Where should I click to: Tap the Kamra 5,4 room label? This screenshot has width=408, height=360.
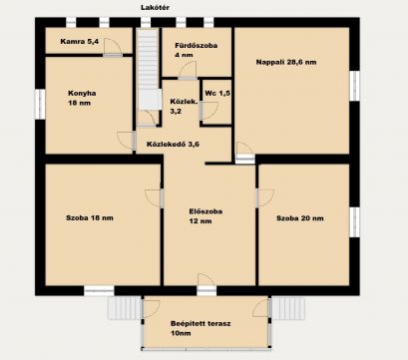coord(80,42)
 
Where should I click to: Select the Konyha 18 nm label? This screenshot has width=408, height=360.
coord(82,98)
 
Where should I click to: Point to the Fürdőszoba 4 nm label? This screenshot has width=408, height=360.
coord(196,50)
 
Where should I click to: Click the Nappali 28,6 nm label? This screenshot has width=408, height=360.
coord(286,62)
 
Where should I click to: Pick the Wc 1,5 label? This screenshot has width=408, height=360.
coord(217,94)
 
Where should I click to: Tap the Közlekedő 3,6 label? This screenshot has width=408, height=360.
coord(173,145)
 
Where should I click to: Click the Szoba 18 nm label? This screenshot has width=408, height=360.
coord(90,218)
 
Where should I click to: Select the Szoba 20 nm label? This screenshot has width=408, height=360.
coord(300,218)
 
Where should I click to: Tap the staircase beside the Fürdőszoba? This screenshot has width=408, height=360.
coord(148,69)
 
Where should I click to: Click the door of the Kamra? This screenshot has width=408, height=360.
coord(112,47)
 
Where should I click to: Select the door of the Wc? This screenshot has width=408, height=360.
coord(208,111)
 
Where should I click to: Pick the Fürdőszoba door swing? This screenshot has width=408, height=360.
coord(188,70)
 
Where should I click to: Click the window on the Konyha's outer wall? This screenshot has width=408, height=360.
coord(40,104)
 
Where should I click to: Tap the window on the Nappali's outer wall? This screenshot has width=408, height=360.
coord(354,86)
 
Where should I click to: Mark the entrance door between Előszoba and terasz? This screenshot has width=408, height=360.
coord(206,285)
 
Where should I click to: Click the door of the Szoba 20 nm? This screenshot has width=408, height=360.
coord(264,198)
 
